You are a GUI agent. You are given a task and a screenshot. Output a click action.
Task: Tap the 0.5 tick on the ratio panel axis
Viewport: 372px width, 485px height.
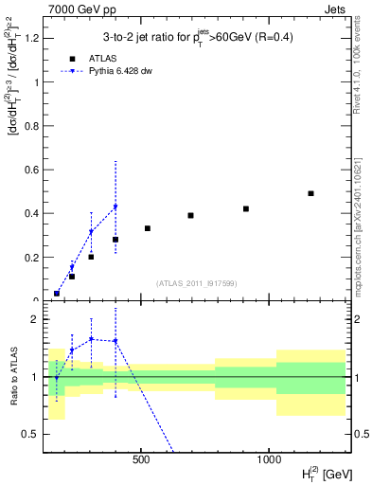[32, 434]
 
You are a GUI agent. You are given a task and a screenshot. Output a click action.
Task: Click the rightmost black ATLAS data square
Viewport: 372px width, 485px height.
[310, 193]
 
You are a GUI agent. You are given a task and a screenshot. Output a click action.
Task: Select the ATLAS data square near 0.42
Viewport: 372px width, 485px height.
[246, 208]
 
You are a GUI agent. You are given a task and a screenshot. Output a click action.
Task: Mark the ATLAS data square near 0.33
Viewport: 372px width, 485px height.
[148, 228]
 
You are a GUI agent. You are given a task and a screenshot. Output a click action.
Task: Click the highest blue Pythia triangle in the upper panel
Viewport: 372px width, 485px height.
[115, 207]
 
